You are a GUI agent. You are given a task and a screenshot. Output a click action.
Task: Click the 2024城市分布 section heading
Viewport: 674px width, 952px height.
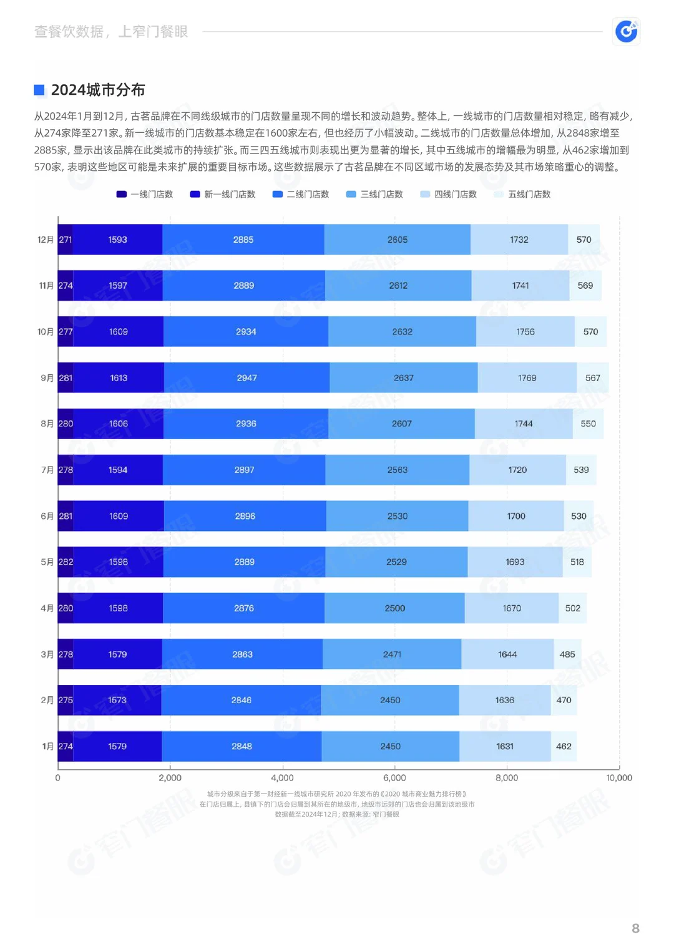tap(97, 90)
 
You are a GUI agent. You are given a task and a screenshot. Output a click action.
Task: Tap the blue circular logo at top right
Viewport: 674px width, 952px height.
tap(626, 31)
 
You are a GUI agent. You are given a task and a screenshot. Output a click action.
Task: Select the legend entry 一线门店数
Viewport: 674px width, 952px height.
tap(145, 195)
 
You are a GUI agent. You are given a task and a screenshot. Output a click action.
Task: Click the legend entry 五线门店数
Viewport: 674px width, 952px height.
tap(522, 195)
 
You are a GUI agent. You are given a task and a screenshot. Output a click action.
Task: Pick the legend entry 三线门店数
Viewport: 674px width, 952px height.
tap(374, 195)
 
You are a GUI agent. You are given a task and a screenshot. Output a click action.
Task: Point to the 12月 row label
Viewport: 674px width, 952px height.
tap(46, 240)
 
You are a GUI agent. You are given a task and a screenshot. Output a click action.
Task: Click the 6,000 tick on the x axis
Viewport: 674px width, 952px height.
tap(394, 778)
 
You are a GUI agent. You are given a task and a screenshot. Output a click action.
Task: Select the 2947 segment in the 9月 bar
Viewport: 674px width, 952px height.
tap(247, 378)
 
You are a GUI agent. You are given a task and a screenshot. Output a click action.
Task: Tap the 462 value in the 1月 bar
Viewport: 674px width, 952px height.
tap(564, 746)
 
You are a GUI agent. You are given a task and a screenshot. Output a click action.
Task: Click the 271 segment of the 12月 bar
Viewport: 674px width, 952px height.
tap(65, 240)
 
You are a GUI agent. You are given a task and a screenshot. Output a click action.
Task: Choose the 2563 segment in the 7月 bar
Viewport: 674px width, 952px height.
tap(397, 470)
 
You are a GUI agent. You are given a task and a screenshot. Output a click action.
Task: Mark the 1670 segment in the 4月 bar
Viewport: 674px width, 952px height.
tap(512, 608)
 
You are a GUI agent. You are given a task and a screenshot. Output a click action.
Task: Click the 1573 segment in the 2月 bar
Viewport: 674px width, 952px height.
tap(117, 700)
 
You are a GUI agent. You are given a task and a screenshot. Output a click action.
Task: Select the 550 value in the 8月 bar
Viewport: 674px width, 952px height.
tap(588, 424)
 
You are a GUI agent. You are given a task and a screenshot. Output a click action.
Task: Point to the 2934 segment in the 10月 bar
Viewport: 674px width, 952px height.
tap(246, 332)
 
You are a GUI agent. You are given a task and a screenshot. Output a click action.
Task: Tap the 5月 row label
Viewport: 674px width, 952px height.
tap(47, 562)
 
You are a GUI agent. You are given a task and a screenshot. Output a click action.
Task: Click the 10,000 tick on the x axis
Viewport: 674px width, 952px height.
tap(619, 778)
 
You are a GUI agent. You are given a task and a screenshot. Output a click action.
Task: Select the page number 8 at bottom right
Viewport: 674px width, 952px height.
tap(635, 928)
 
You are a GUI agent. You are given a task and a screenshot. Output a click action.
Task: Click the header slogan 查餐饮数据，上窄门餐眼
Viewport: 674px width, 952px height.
tap(111, 32)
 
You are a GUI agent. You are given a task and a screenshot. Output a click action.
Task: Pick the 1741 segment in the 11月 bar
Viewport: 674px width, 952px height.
tap(520, 286)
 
